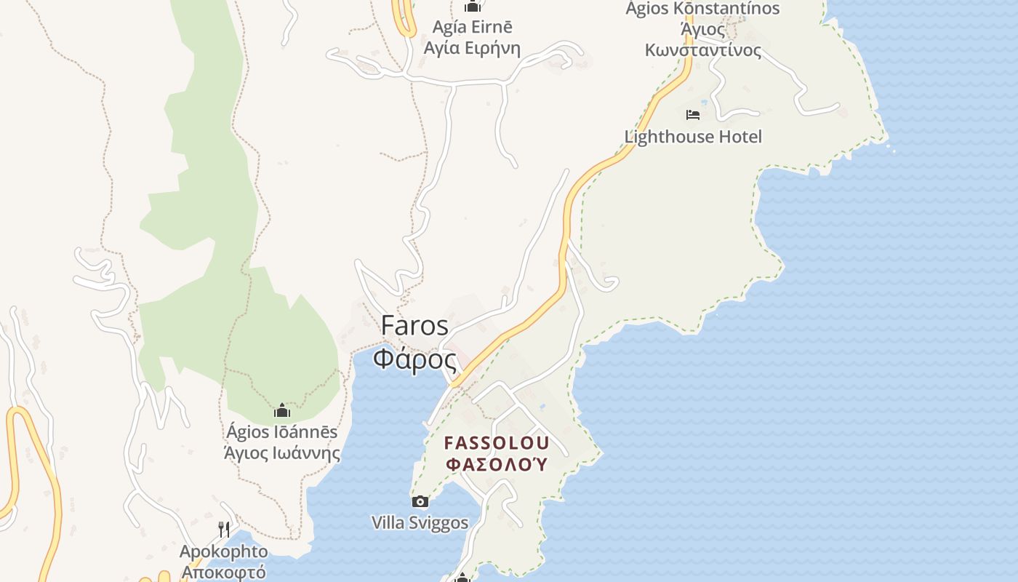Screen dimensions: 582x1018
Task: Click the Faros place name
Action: (x=414, y=325)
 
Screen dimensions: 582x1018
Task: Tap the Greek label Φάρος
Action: (x=414, y=359)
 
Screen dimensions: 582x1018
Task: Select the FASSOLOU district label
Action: (x=497, y=443)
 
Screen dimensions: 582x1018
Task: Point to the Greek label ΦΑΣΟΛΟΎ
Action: (x=497, y=464)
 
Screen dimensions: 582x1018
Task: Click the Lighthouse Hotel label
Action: (x=693, y=137)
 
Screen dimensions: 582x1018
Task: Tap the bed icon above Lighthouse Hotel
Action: (x=693, y=115)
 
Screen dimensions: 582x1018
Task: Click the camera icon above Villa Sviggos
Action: (x=420, y=501)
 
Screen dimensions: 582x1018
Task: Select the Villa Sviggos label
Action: (x=420, y=522)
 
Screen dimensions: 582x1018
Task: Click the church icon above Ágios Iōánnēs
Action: (x=282, y=411)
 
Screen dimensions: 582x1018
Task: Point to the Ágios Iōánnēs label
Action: (x=282, y=432)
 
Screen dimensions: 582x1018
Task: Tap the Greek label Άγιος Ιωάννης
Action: (x=282, y=453)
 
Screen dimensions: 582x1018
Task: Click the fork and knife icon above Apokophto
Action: (x=224, y=529)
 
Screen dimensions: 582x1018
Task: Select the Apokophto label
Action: (x=224, y=551)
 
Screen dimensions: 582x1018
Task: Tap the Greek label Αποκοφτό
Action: (x=224, y=572)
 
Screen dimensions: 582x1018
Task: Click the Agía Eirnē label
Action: (x=473, y=28)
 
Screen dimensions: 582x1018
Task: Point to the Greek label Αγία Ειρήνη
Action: (x=473, y=49)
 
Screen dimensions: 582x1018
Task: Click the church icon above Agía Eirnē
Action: (x=473, y=7)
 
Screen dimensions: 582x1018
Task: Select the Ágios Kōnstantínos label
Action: (x=702, y=9)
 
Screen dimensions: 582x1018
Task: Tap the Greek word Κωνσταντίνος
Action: (x=702, y=50)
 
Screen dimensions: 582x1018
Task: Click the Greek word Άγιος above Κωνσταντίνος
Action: (x=702, y=30)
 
